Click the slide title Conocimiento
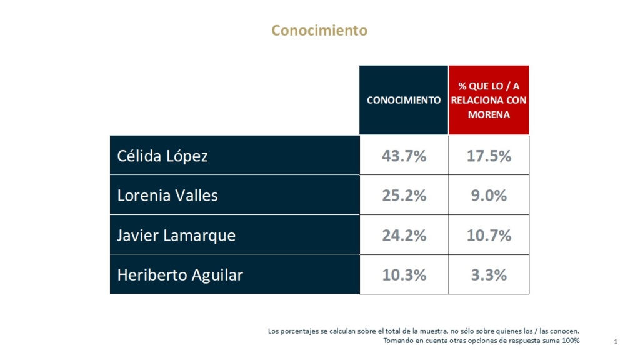pyautogui.click(x=319, y=30)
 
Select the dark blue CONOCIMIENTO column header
pyautogui.click(x=404, y=100)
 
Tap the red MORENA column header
pyautogui.click(x=489, y=100)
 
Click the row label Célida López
pyautogui.click(x=162, y=156)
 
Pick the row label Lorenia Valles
pyautogui.click(x=167, y=196)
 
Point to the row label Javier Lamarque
pyautogui.click(x=176, y=236)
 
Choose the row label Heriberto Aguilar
pyautogui.click(x=180, y=275)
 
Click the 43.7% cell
pyautogui.click(x=404, y=156)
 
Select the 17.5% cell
pyautogui.click(x=489, y=156)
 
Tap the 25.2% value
pyautogui.click(x=404, y=196)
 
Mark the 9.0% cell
pyautogui.click(x=489, y=196)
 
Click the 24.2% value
pyautogui.click(x=404, y=236)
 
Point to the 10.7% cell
pyautogui.click(x=489, y=236)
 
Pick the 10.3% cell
pyautogui.click(x=404, y=275)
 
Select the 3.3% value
pyautogui.click(x=489, y=275)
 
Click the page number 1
pyautogui.click(x=616, y=342)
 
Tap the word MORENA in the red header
pyautogui.click(x=489, y=115)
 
